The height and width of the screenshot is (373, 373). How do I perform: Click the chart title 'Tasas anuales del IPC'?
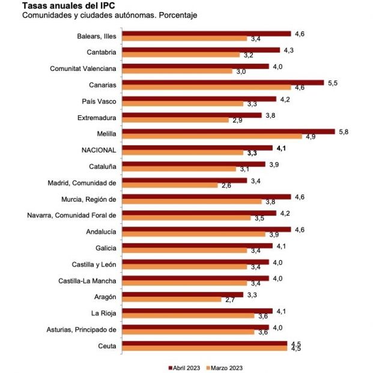(x=61, y=5)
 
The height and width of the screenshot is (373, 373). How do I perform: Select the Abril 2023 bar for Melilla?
(x=229, y=132)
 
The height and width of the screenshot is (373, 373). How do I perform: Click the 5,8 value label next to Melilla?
(x=342, y=132)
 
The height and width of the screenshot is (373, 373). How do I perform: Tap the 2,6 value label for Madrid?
(x=226, y=186)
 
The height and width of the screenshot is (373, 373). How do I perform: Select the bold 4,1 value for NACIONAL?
(x=282, y=148)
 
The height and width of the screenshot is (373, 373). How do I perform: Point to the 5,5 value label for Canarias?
(x=331, y=82)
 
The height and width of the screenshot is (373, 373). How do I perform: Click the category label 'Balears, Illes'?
(x=96, y=35)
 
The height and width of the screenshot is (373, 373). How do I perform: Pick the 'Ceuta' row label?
(x=107, y=345)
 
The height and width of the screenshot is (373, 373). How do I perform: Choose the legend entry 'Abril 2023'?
(x=185, y=367)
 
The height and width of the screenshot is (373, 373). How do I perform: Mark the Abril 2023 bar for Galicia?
(x=198, y=246)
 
